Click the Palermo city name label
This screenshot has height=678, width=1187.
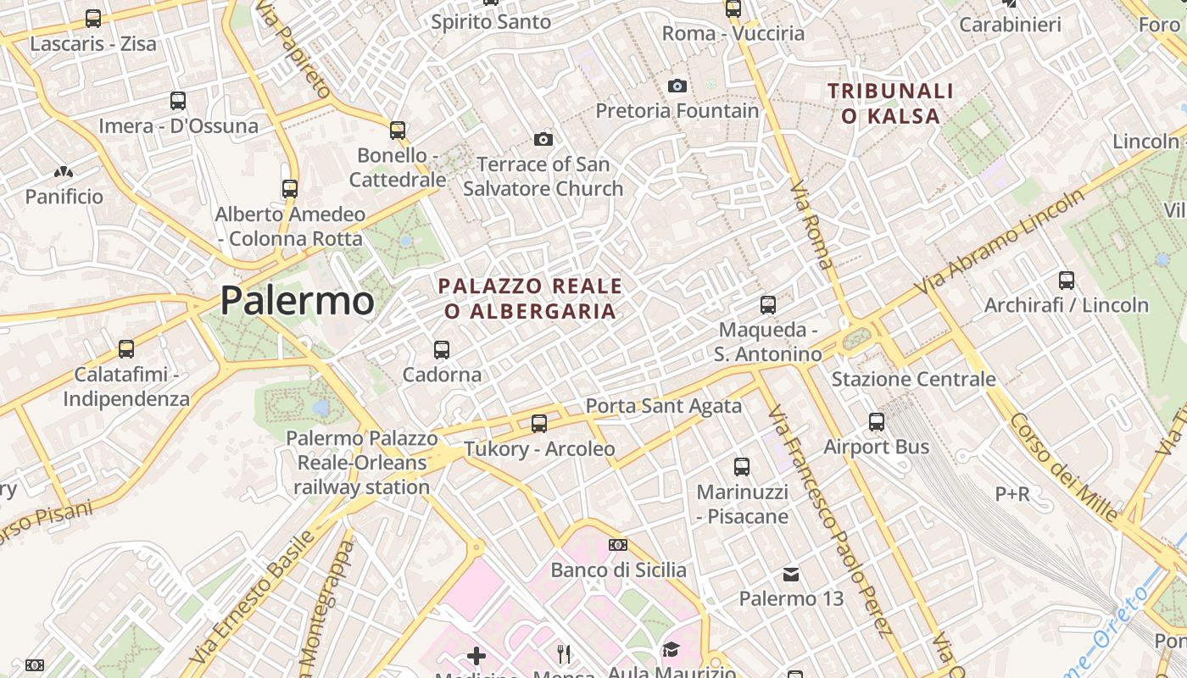click(x=297, y=301)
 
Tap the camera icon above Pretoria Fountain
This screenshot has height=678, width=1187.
click(x=677, y=86)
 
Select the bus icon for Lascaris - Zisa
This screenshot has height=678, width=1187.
click(x=93, y=18)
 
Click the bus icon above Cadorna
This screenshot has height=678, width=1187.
click(x=441, y=349)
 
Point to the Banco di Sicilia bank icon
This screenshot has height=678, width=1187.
click(x=618, y=545)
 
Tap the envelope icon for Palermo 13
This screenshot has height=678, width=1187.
click(x=791, y=575)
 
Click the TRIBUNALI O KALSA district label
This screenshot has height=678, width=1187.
click(x=890, y=103)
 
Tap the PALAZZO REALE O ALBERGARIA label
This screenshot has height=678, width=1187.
click(x=530, y=298)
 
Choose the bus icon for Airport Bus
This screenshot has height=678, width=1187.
click(x=877, y=421)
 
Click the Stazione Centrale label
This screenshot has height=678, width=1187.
click(x=913, y=379)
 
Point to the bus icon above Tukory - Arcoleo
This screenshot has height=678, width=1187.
click(x=539, y=423)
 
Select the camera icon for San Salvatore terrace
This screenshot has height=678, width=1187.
click(x=543, y=139)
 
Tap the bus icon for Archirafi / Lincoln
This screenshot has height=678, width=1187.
click(x=1067, y=280)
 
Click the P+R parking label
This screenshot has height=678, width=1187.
click(x=1012, y=493)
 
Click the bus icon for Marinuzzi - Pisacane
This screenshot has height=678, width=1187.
click(x=742, y=466)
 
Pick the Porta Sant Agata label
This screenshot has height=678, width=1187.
click(x=664, y=406)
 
